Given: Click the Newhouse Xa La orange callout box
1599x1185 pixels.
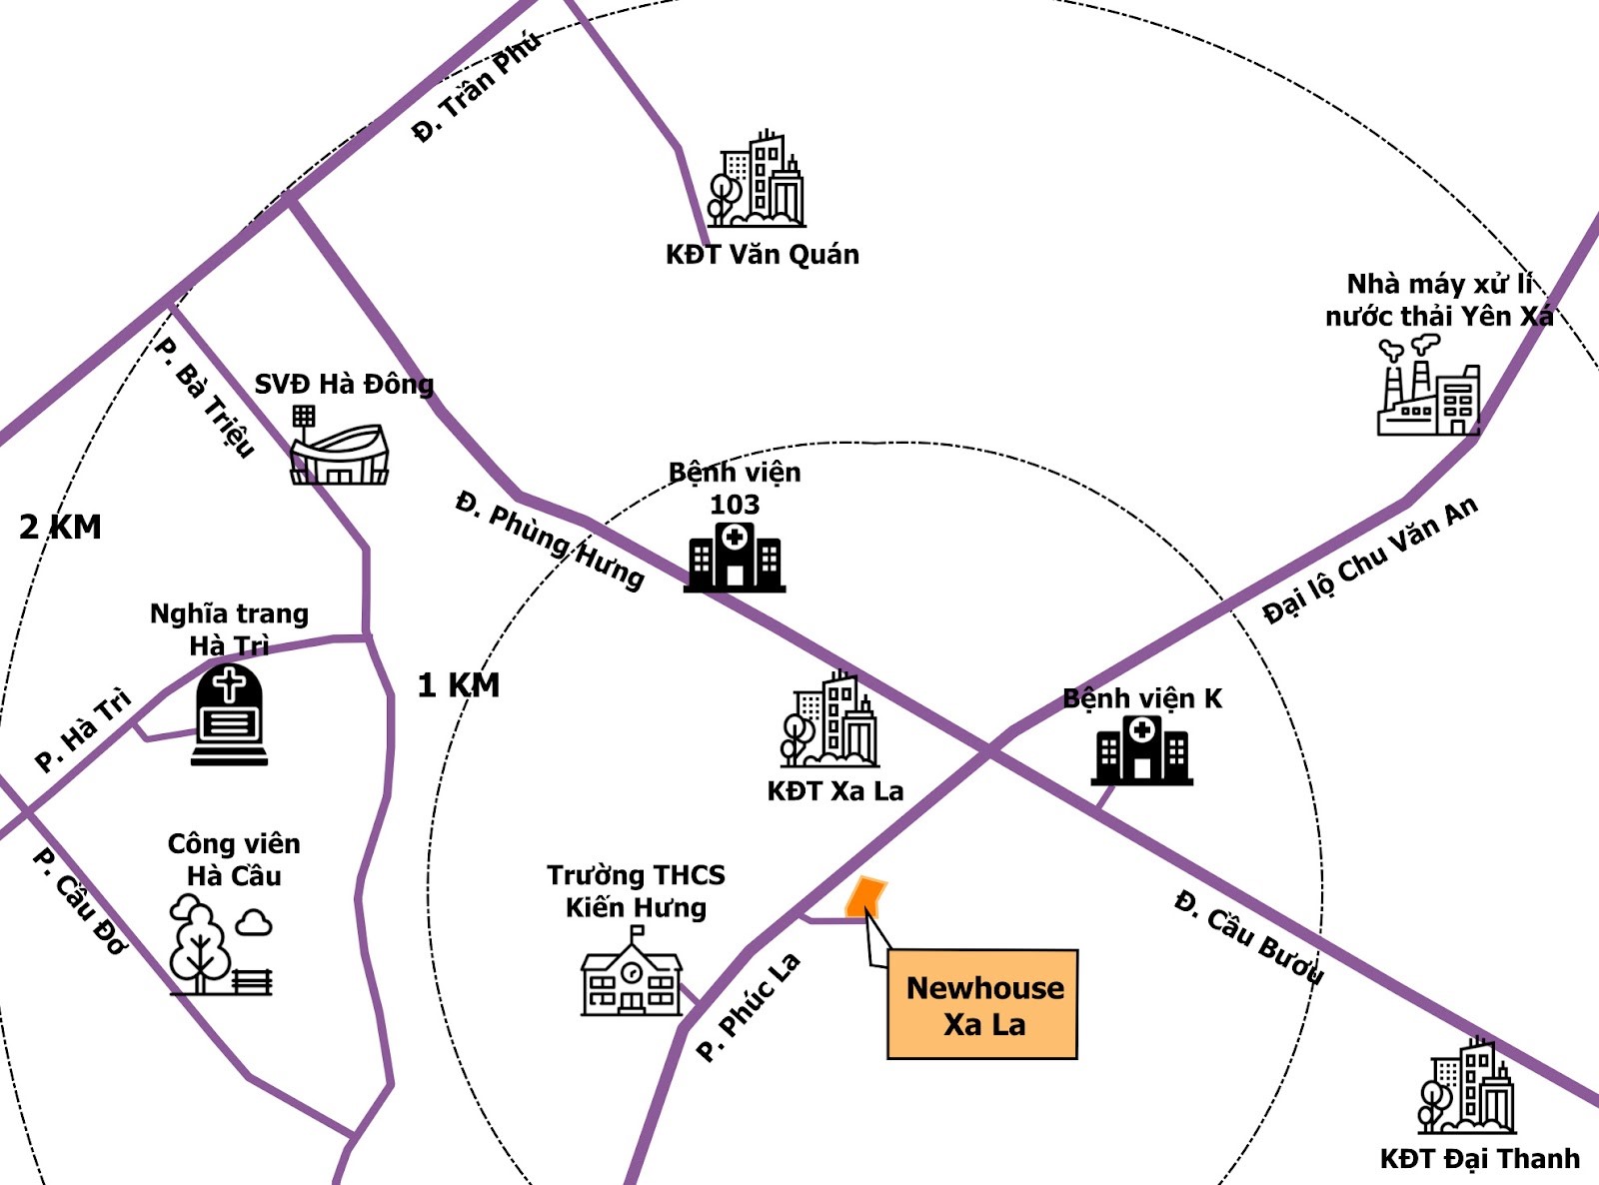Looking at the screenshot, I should pos(982,1004).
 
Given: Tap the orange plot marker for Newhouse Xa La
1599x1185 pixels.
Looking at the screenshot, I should pos(865,896).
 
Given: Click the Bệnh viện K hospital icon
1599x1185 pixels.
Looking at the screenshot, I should pos(1142,750).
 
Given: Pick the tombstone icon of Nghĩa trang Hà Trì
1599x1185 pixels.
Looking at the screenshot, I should pos(230,716).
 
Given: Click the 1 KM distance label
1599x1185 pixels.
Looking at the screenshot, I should pos(459,685).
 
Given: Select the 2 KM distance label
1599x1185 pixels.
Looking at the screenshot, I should pos(60,527).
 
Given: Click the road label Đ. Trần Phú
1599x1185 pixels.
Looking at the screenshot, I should pos(477,87).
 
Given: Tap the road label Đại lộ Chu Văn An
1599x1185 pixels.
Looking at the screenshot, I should pos(1369,560).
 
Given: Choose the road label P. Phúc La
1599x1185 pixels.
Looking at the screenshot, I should pos(749,1006).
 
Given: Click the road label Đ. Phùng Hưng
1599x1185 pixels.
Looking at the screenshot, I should pos(550,540).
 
